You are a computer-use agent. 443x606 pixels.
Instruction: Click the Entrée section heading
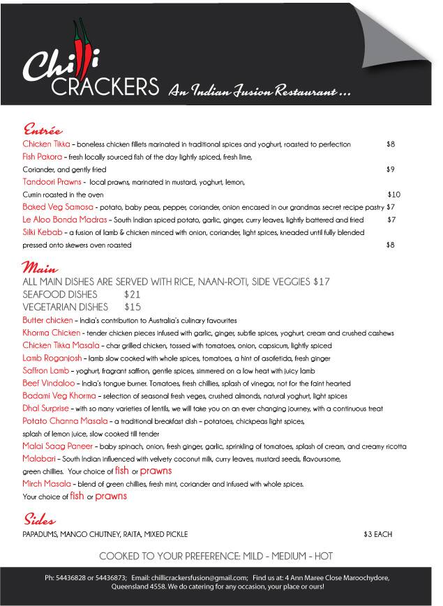click(x=43, y=130)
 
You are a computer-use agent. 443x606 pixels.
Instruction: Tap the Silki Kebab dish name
click(x=44, y=232)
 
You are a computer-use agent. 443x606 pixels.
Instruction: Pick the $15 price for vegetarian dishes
click(x=133, y=306)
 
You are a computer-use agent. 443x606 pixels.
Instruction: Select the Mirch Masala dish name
click(x=47, y=483)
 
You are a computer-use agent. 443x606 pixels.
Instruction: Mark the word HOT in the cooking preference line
click(x=322, y=556)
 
